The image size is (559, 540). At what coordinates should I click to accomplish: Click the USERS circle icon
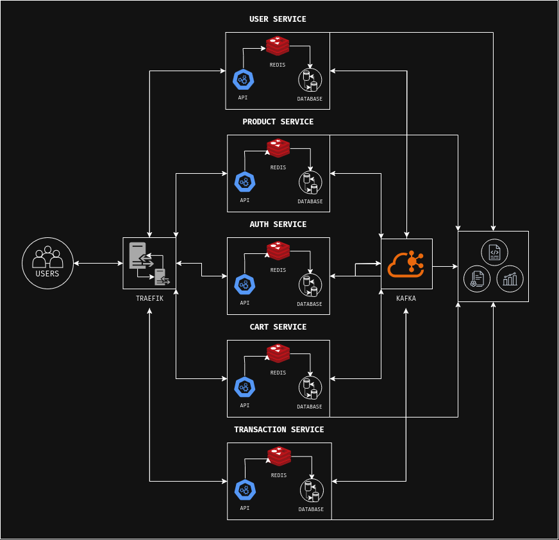47,263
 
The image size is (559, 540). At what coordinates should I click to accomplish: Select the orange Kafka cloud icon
406,264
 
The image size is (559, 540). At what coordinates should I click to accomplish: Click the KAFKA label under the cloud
406,298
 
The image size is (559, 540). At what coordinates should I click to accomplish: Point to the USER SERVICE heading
278,19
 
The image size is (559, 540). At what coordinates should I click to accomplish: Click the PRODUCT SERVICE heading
278,122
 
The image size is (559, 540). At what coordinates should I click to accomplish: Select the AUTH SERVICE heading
278,224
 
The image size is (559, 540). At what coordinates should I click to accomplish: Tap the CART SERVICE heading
278,327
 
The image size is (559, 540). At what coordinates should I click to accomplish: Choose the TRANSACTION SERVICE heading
279,430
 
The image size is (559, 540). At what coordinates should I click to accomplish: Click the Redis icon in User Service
278,46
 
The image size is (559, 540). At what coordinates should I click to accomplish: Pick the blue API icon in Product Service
245,182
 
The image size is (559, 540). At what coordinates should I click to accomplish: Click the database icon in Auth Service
310,285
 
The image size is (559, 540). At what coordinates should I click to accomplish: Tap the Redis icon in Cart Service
278,353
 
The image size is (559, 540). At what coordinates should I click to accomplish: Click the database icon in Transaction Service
312,491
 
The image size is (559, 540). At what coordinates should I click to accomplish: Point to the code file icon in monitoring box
494,252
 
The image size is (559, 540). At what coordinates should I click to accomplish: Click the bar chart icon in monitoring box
510,278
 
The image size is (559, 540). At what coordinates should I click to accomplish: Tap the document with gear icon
477,278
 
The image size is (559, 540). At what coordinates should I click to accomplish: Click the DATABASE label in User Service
310,99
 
